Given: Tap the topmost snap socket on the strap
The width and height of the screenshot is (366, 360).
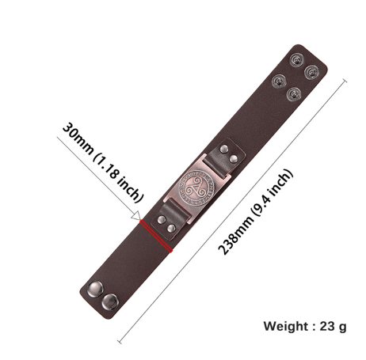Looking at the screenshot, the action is coord(297,60).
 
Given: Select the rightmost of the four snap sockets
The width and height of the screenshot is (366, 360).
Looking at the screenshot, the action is coord(311,72).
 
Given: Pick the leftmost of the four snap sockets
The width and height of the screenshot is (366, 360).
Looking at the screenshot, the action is coord(280,82).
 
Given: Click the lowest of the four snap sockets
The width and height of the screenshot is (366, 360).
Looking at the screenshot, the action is coord(294,94).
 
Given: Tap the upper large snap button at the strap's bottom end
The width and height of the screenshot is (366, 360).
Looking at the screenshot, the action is coord(96,288).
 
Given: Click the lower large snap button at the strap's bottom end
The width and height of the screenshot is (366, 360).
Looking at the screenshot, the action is coord(110,301).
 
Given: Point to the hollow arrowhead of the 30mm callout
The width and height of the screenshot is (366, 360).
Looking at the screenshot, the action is coord(137,216).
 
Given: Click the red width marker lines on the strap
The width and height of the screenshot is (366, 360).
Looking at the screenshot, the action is coord(156,236).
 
